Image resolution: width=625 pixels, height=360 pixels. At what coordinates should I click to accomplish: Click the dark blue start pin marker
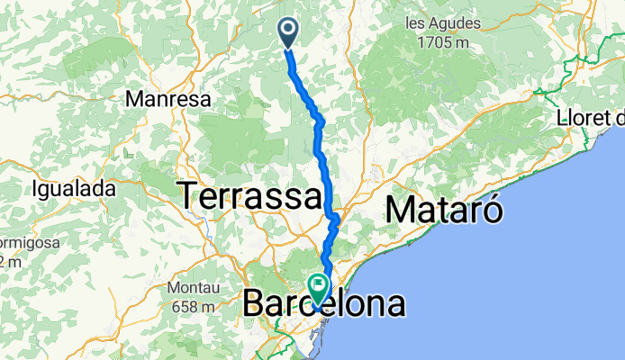(x=289, y=31)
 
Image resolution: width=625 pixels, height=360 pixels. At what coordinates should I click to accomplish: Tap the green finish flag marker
(x=319, y=287)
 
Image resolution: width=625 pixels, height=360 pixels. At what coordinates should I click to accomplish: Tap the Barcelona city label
(x=324, y=306)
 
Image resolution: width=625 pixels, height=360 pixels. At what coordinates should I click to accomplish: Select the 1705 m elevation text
(x=442, y=41)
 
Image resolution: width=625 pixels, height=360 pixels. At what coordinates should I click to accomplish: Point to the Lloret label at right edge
(x=590, y=118)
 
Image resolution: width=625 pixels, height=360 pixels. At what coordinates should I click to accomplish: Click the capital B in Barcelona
(x=255, y=306)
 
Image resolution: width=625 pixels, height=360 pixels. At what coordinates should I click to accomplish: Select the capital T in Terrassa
(x=190, y=196)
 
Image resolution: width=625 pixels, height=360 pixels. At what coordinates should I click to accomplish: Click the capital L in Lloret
(x=562, y=118)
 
